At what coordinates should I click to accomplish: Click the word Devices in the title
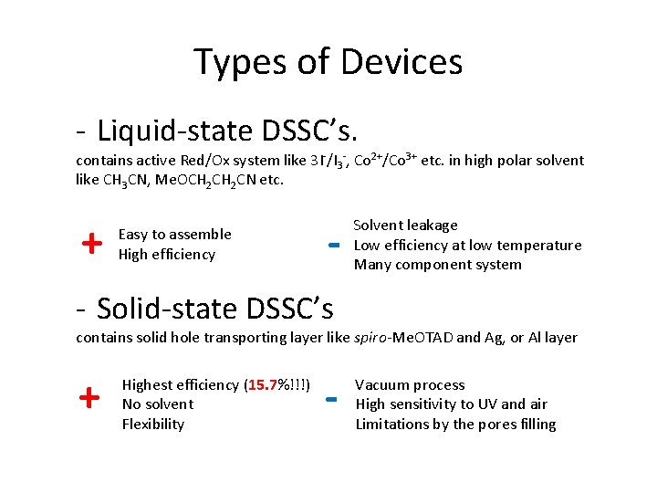[401, 63]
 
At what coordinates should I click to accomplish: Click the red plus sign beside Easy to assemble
[90, 244]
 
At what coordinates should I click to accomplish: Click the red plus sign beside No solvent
[89, 398]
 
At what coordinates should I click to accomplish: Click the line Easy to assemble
[175, 235]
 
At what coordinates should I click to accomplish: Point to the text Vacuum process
[410, 385]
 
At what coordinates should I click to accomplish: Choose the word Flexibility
[153, 424]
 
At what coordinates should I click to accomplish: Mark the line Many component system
[438, 265]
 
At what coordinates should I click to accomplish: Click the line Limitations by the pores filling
[455, 424]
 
